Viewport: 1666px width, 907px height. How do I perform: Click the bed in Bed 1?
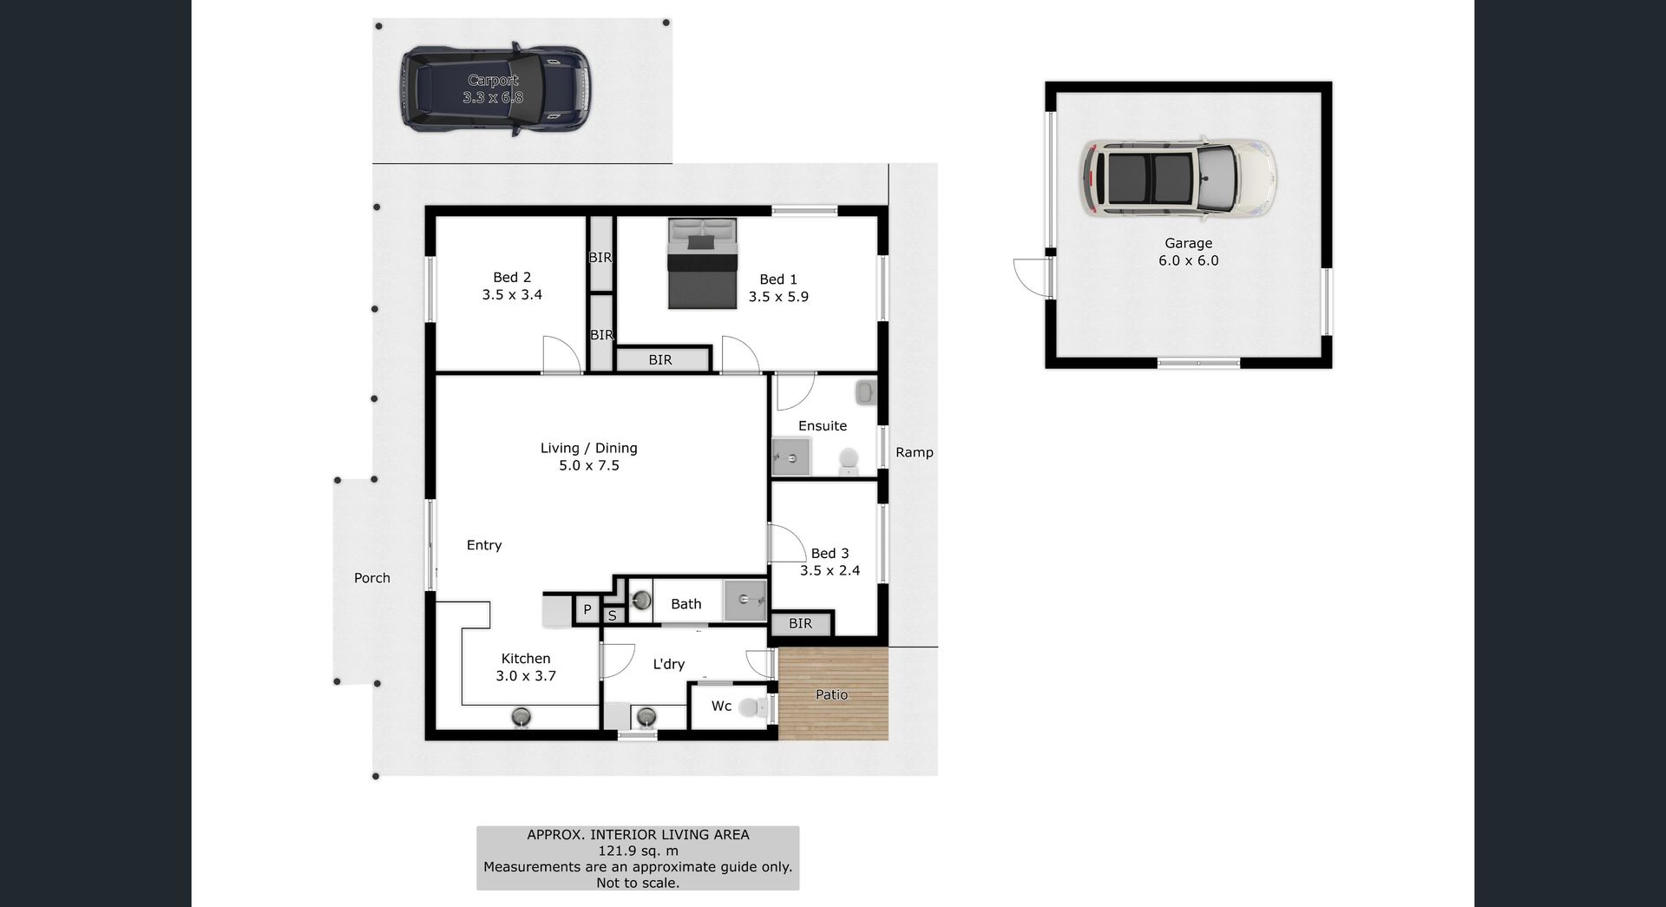point(702,263)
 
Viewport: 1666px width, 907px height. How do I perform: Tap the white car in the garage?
point(1179,177)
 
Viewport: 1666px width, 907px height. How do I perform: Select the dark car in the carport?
point(495,89)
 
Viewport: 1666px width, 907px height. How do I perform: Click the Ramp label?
point(915,452)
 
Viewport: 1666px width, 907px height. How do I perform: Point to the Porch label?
point(372,578)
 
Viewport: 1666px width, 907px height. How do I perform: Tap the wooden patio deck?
point(833,693)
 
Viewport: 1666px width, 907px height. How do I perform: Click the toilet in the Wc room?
point(753,707)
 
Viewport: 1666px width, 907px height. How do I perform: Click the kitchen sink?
point(521,717)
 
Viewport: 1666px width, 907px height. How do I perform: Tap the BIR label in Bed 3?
point(800,623)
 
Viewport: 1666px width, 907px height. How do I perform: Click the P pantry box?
point(587,609)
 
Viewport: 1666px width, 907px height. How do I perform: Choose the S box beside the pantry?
point(612,615)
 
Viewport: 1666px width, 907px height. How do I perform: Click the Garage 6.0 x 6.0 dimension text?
point(1189,260)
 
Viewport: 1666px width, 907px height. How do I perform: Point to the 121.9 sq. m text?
point(638,851)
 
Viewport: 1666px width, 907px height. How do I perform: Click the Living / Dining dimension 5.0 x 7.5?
point(589,465)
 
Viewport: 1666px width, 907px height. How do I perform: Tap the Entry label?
point(484,545)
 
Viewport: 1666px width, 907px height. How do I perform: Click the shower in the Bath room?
point(745,599)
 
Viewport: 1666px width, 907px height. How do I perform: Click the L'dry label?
point(668,664)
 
